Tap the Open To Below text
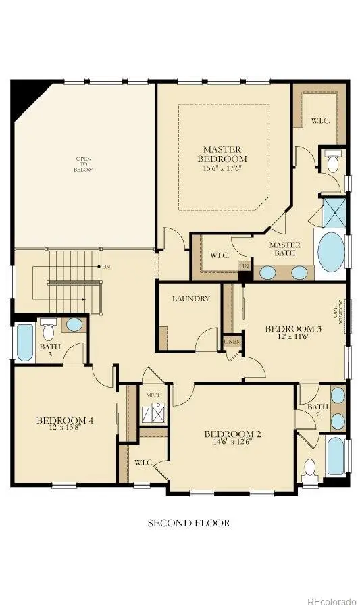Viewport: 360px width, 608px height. pos(84,164)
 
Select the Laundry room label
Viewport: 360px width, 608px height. pos(190,299)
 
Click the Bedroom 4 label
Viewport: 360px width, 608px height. pos(65,422)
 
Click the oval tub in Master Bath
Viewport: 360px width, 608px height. pos(331,251)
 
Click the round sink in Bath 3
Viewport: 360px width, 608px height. pos(74,325)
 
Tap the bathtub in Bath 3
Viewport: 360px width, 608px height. pos(24,344)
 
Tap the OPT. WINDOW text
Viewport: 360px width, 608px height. pos(341,313)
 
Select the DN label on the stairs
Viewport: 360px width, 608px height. pos(106,267)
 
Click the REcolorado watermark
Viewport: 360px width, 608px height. pos(331,601)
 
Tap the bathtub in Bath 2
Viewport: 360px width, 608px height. pos(335,456)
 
